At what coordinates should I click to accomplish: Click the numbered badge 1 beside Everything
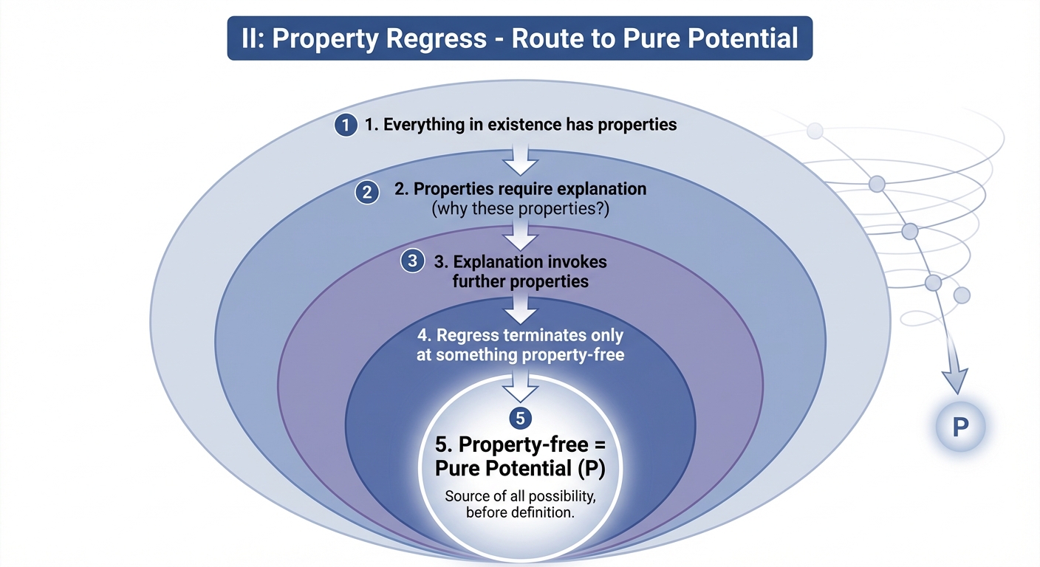(x=344, y=125)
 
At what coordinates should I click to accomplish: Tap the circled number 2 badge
(x=366, y=193)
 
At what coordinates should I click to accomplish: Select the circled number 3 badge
(x=412, y=261)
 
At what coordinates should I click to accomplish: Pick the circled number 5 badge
(x=520, y=419)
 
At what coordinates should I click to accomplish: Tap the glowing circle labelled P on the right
(x=960, y=427)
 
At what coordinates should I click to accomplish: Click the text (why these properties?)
(x=520, y=208)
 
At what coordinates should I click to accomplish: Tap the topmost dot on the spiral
(x=815, y=131)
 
